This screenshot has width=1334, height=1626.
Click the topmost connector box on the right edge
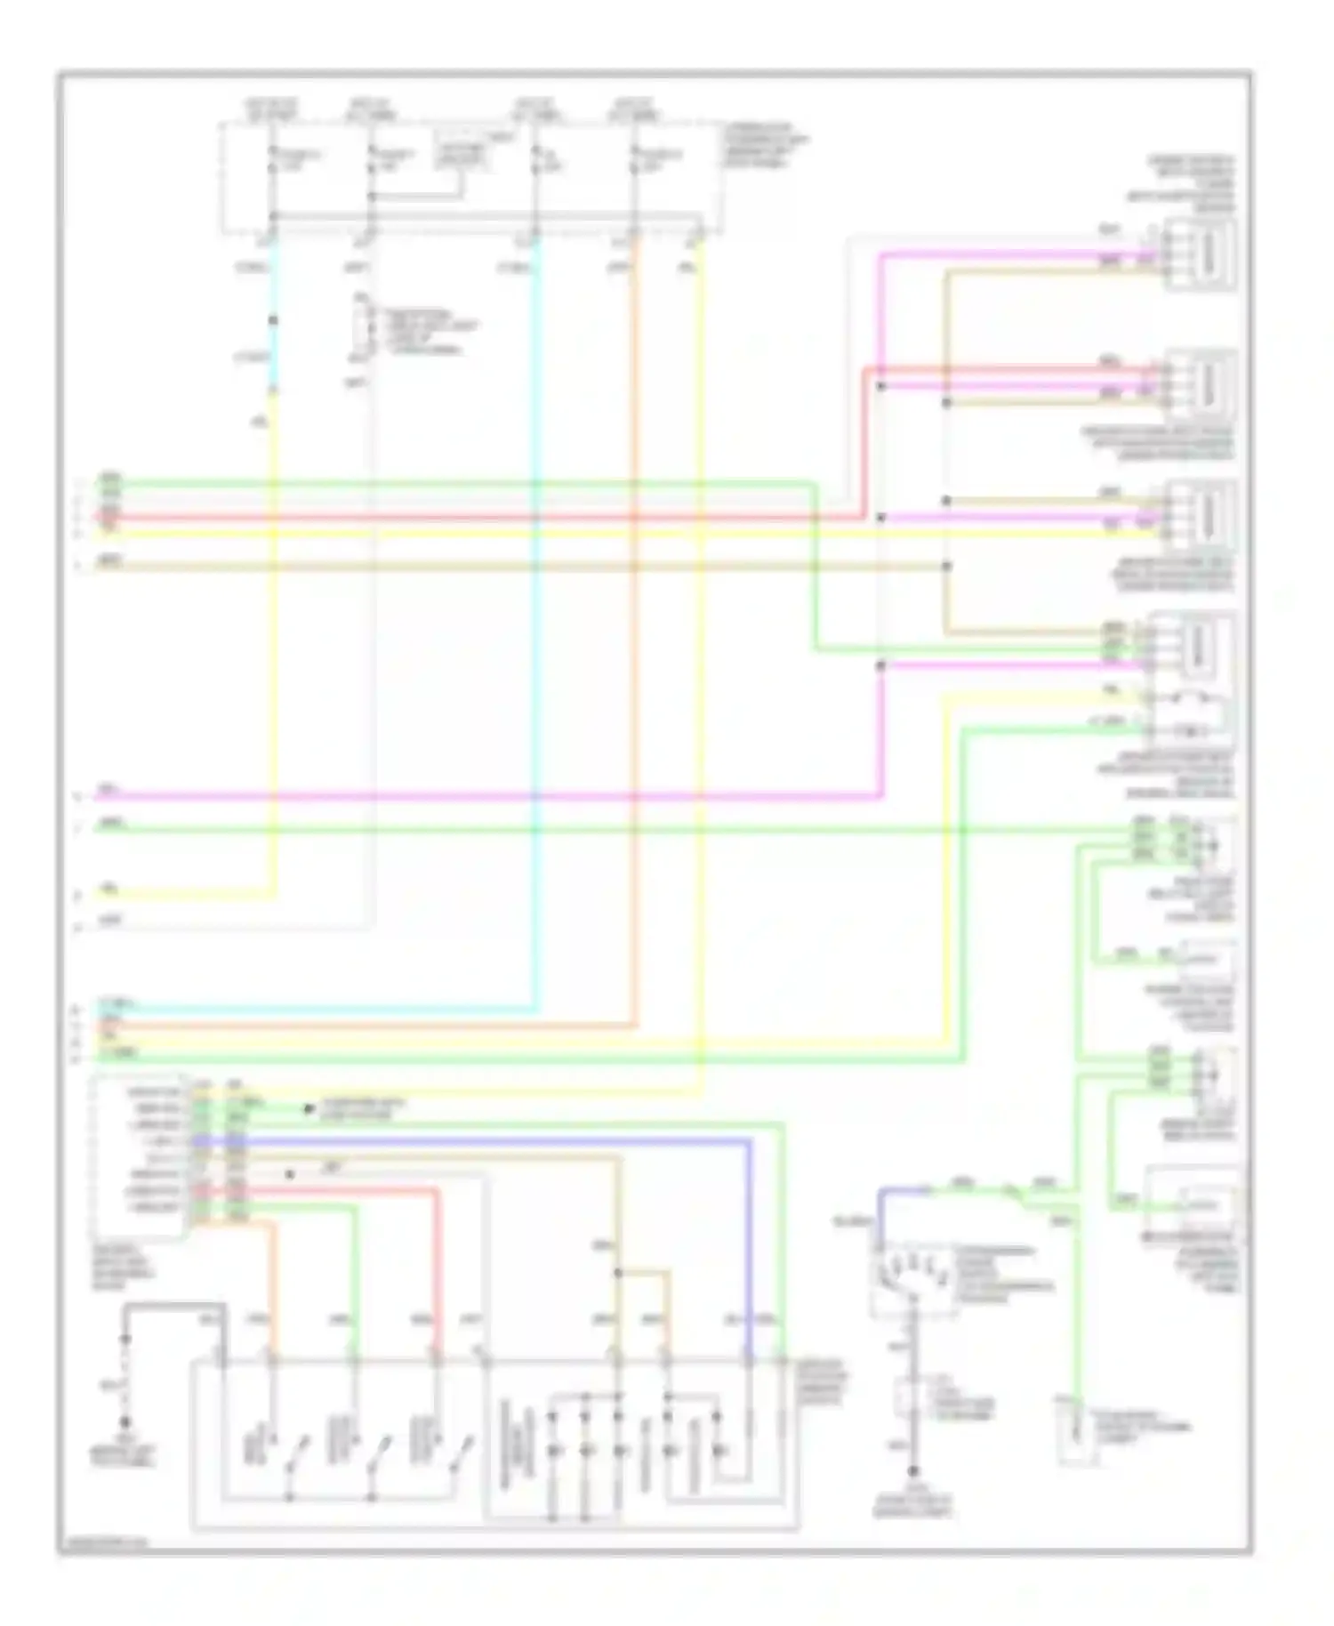(1203, 254)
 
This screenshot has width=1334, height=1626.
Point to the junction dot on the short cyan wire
(273, 320)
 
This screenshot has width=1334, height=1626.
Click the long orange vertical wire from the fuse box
(636, 623)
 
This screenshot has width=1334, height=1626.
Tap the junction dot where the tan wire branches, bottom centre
(617, 1274)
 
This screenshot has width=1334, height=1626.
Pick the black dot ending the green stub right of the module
(309, 1109)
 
